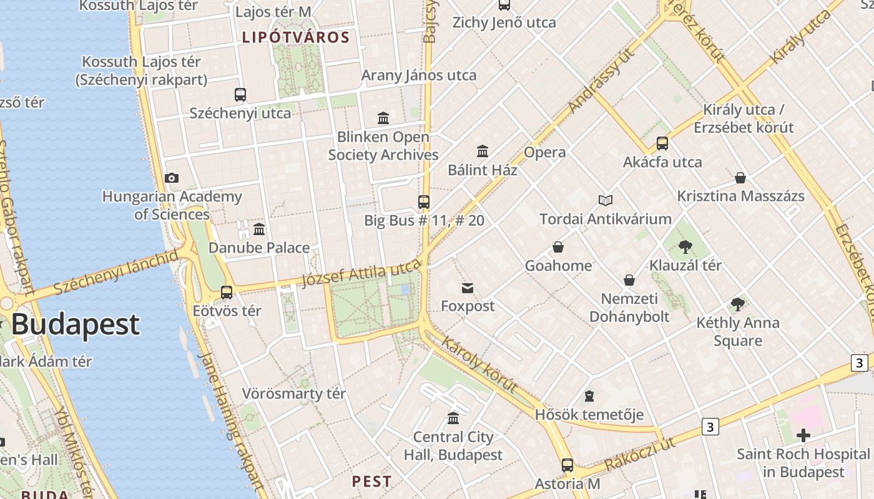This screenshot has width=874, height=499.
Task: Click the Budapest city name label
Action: [x=75, y=324]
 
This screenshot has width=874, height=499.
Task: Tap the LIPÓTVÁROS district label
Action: [x=296, y=37]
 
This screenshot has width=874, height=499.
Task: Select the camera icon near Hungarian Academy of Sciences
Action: [x=172, y=178]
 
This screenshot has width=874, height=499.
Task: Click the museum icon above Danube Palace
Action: [x=259, y=230]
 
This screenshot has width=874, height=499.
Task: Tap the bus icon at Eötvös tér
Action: [x=227, y=292]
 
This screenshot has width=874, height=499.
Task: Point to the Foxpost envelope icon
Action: [x=468, y=288]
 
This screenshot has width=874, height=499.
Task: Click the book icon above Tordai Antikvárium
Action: [x=605, y=200]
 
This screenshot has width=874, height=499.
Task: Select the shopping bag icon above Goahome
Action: [x=558, y=248]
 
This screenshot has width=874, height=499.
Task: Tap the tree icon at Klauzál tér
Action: [x=685, y=247]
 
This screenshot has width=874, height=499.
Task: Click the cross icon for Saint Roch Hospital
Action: [x=803, y=435]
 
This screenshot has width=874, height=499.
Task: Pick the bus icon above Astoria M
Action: [x=567, y=465]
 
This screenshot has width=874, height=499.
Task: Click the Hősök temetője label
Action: [x=589, y=414]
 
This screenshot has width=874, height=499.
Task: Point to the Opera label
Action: [x=545, y=152]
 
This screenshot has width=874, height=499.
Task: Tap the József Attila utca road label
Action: [x=361, y=275]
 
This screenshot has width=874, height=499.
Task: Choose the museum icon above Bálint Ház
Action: [x=483, y=152]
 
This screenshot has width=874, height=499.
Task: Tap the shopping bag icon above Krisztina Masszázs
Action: [x=740, y=178]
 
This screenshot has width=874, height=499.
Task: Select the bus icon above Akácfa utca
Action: [x=662, y=143]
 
